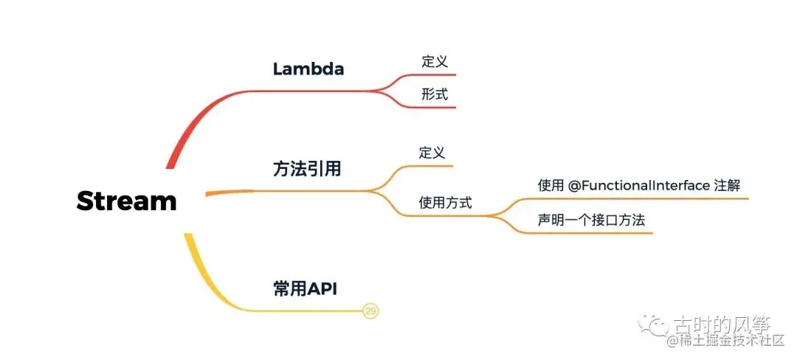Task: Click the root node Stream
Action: pos(126,201)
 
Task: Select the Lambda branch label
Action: pos(308,69)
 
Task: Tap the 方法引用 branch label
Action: pos(307,169)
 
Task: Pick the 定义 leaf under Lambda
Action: pos(434,62)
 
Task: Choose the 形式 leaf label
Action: pos(434,94)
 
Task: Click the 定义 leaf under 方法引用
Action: pos(432,153)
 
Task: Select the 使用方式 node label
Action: pos(445,202)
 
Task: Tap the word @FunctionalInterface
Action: pos(639,185)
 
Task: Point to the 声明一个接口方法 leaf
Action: pos(585,220)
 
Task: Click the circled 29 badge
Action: pos(371,311)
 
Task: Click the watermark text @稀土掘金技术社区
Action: pos(731,340)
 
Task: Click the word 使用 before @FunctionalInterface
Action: pos(551,185)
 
